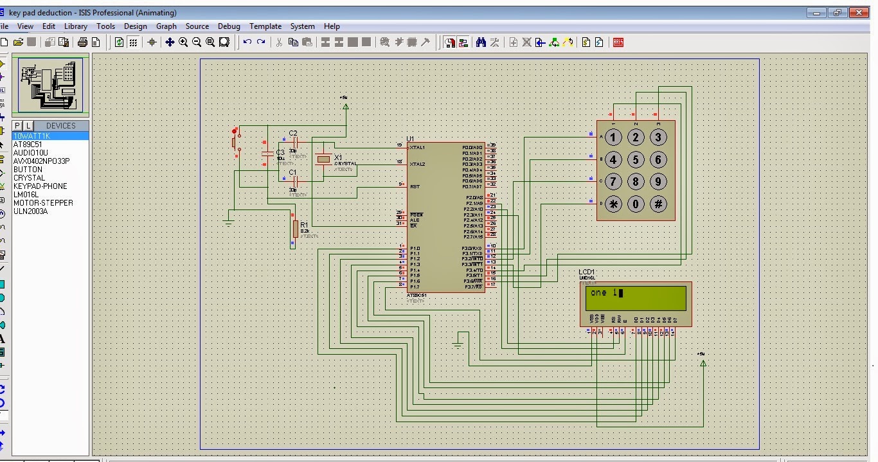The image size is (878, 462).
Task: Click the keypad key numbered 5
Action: (x=636, y=159)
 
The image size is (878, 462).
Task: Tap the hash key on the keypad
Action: (x=658, y=204)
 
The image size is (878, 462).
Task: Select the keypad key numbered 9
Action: (x=658, y=182)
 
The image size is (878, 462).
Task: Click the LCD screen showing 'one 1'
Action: (x=634, y=298)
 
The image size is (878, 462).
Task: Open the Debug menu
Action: (x=229, y=26)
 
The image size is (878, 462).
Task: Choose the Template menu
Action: (x=265, y=26)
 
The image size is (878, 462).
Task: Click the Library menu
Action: (x=75, y=26)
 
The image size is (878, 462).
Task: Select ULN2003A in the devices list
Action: (x=31, y=211)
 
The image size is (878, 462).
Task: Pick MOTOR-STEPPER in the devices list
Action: (x=43, y=203)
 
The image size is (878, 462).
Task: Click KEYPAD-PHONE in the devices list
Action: (x=40, y=186)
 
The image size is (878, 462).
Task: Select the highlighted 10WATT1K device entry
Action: (x=31, y=136)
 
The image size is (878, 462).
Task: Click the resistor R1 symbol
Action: (x=295, y=229)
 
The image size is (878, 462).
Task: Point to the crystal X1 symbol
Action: (x=323, y=159)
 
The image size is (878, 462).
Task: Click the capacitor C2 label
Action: (x=293, y=133)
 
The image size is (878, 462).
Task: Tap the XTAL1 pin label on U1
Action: (x=417, y=147)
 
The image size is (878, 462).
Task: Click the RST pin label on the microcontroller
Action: (x=415, y=186)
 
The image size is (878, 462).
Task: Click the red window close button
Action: (x=859, y=12)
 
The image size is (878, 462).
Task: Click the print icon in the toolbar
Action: (x=82, y=42)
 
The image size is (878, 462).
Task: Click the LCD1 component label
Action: (x=586, y=272)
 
